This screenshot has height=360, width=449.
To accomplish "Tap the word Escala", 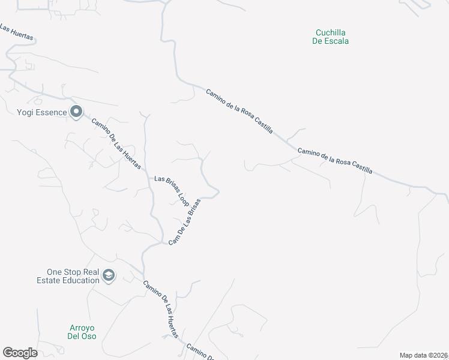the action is pyautogui.click(x=339, y=41).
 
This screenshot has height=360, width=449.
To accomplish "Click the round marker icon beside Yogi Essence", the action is pyautogui.click(x=76, y=112).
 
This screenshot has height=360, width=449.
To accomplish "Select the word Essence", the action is pyautogui.click(x=50, y=112).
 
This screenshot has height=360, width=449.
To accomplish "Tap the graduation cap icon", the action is pyautogui.click(x=109, y=275).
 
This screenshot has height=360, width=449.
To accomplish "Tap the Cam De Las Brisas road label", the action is pyautogui.click(x=184, y=221).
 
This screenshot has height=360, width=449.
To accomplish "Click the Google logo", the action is pyautogui.click(x=20, y=352).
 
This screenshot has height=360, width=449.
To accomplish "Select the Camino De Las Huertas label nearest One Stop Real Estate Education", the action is pyautogui.click(x=161, y=310).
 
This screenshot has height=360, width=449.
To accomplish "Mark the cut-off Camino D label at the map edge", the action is pyautogui.click(x=200, y=352).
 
